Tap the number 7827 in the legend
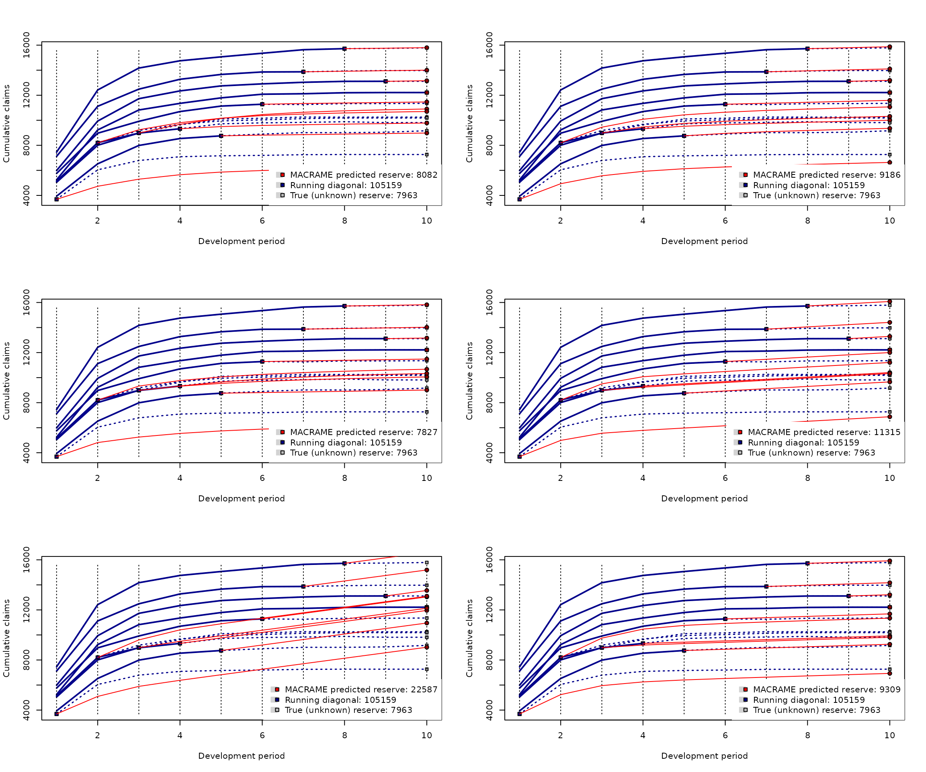(x=427, y=432)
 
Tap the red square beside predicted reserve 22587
(x=277, y=690)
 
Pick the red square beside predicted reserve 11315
(x=740, y=432)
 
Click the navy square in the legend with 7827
(x=283, y=442)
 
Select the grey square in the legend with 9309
(x=746, y=710)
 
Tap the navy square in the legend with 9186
(x=746, y=185)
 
